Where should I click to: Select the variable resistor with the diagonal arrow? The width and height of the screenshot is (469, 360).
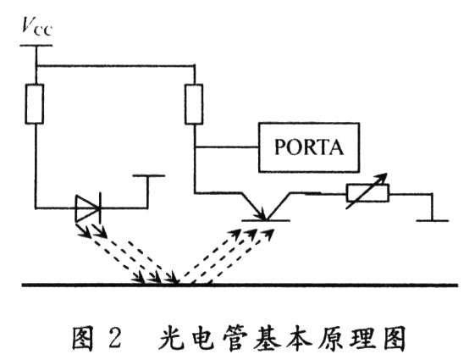pyautogui.click(x=367, y=193)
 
